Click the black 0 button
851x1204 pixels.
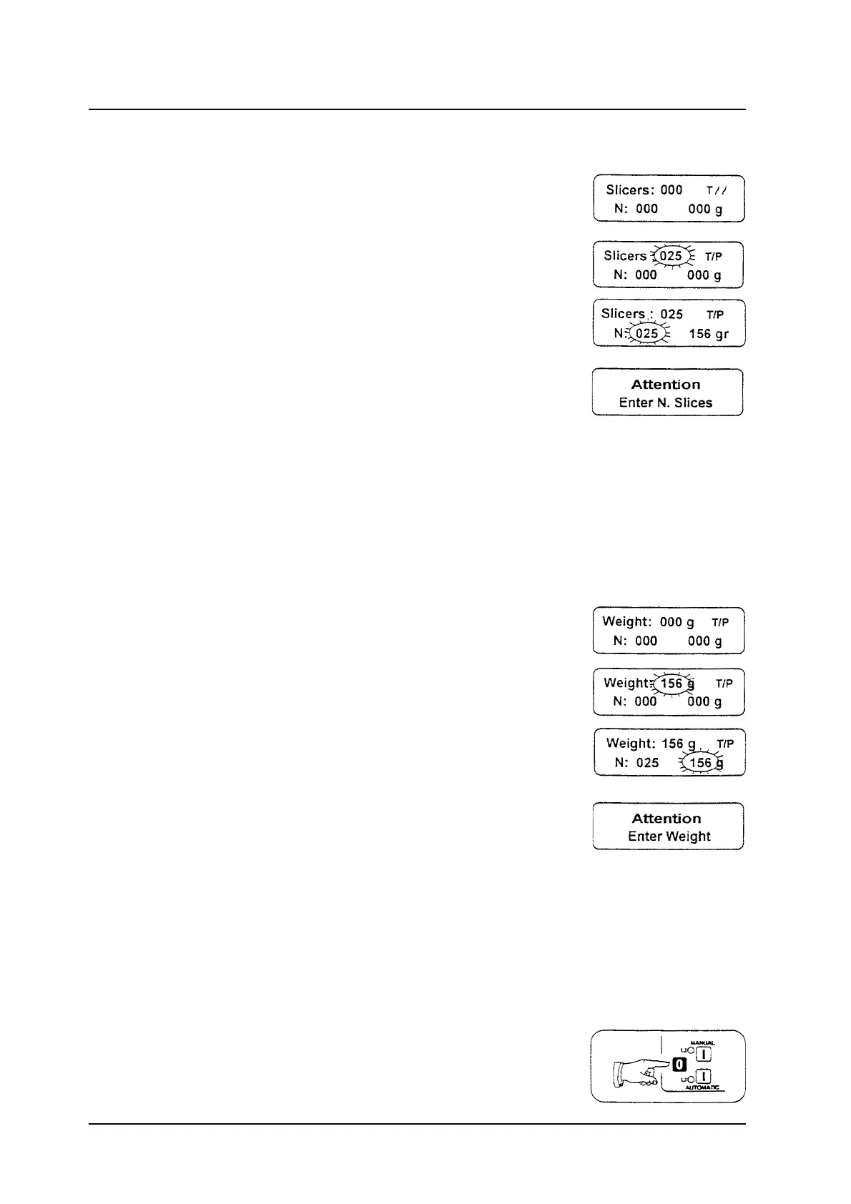click(x=680, y=1065)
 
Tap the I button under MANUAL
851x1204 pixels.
click(x=704, y=1053)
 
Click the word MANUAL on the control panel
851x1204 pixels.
click(x=702, y=1042)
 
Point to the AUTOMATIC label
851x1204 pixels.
click(x=702, y=1087)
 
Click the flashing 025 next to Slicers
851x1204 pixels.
click(x=670, y=256)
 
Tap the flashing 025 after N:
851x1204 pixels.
click(x=646, y=334)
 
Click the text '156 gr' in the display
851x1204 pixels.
click(x=708, y=334)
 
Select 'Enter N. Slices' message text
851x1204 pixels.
click(x=666, y=403)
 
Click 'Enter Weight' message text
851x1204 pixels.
click(x=669, y=837)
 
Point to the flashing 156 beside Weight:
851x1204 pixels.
click(x=671, y=684)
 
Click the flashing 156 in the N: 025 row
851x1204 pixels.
click(x=701, y=763)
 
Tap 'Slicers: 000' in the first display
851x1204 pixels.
click(x=644, y=190)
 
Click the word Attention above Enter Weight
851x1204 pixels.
click(x=666, y=819)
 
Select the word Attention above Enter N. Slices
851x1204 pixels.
click(x=666, y=385)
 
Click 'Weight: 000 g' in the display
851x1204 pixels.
click(x=648, y=622)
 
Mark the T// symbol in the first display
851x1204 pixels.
click(x=717, y=190)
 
